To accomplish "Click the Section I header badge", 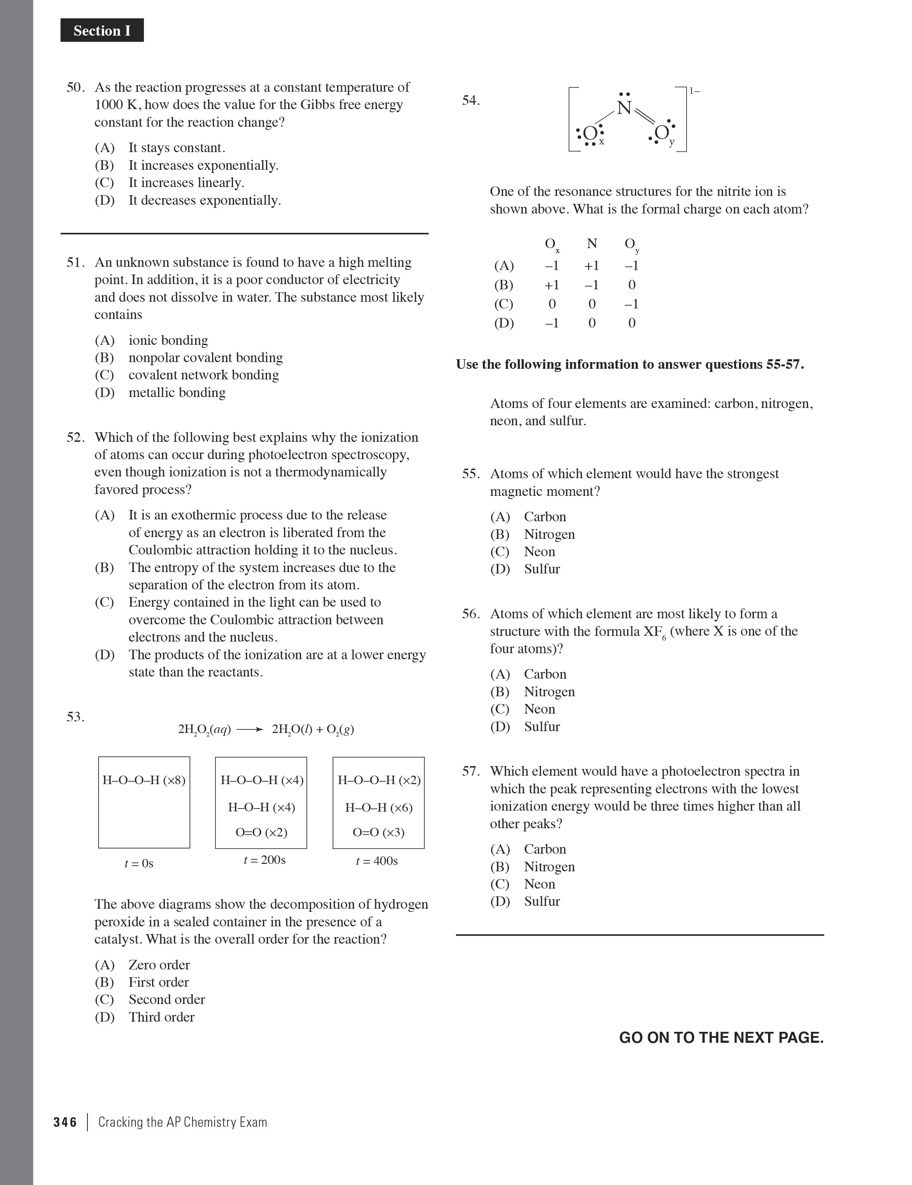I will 102,30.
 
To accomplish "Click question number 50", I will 76,88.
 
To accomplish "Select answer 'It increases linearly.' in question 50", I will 186,183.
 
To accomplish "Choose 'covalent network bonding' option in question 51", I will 204,375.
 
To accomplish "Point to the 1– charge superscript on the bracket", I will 694,91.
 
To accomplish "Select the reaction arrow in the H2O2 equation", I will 250,730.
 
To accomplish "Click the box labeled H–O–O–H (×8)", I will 144,802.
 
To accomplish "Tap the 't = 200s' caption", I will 264,860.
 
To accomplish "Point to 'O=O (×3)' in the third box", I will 378,832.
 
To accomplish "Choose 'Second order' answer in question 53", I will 167,999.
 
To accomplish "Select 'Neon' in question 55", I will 539,552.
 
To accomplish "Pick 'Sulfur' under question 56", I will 542,727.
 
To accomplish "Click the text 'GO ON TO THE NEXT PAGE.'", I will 721,1037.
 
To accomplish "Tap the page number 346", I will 65,1122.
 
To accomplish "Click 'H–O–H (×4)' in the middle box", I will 261,807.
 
